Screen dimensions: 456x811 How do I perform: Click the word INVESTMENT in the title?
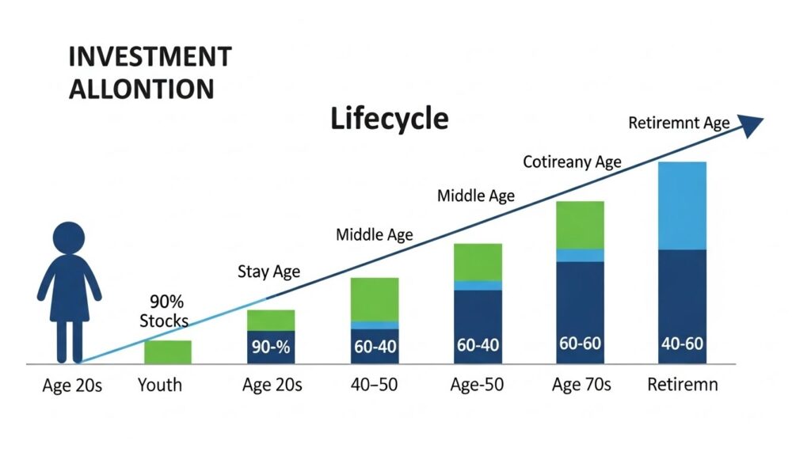coord(150,57)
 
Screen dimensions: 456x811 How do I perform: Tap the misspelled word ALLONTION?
coord(141,89)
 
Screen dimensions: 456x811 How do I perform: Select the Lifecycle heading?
coord(389,119)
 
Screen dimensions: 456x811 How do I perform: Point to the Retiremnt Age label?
coord(678,123)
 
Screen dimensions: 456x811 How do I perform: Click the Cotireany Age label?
coord(572,162)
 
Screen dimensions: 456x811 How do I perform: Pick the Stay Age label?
coord(268,272)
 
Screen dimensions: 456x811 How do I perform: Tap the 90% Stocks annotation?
coord(164,311)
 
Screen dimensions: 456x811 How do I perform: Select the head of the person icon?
coord(69,238)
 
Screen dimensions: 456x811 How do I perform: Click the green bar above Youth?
coord(167,351)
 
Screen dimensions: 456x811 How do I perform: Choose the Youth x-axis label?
coord(159,386)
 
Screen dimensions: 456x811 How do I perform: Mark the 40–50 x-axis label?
coord(374,386)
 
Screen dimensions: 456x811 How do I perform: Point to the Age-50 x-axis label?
coord(478,386)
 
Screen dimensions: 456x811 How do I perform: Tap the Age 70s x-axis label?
coord(581,386)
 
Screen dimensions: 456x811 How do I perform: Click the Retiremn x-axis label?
coord(683,386)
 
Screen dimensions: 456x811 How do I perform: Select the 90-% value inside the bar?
coord(271,347)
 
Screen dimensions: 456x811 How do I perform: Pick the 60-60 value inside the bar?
coord(580,344)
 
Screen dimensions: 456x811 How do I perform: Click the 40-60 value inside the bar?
coord(682,345)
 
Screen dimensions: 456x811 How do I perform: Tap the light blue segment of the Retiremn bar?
coord(682,206)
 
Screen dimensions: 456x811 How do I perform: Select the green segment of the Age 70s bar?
coord(580,225)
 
